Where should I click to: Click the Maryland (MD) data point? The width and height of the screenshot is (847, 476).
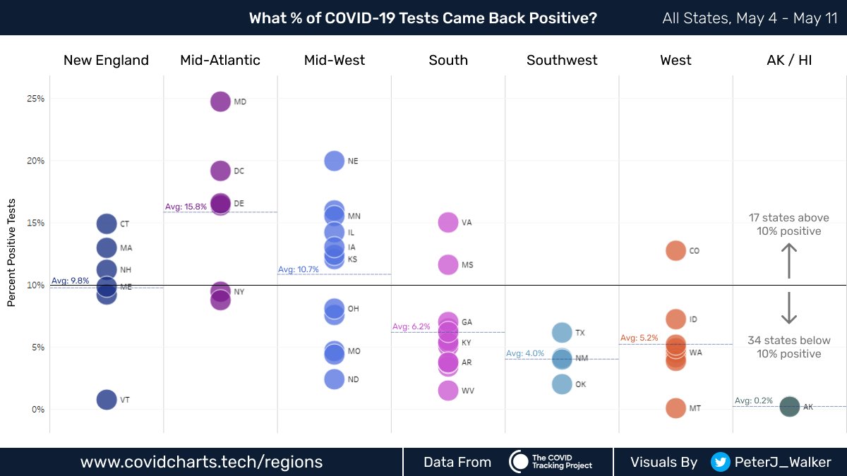[x=221, y=102]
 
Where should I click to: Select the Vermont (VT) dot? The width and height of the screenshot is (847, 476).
[x=107, y=400]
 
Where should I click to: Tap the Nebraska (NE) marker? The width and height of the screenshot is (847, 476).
[x=335, y=161]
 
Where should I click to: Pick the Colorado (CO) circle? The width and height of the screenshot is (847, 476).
[x=675, y=250]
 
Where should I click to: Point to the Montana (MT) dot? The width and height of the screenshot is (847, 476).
[x=675, y=408]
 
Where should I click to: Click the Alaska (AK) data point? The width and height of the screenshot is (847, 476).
[x=789, y=407]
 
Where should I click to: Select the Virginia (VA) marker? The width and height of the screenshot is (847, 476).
[x=448, y=222]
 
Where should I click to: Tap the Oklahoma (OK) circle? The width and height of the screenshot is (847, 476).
[x=562, y=384]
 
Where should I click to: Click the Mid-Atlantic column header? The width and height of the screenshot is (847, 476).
[x=220, y=61]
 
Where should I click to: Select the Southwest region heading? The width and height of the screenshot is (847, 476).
[x=562, y=61]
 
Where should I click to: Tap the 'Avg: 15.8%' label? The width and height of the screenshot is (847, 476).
[x=186, y=207]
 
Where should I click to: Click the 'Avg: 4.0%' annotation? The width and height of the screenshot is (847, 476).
[x=525, y=353]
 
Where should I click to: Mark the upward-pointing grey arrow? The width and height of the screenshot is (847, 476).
[x=789, y=260]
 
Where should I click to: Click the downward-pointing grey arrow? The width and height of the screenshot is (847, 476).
[x=789, y=308]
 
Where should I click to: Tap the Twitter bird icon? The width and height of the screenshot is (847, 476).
[x=720, y=462]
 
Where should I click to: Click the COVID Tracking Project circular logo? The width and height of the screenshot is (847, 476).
[x=519, y=462]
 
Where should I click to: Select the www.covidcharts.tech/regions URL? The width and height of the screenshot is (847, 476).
[x=201, y=462]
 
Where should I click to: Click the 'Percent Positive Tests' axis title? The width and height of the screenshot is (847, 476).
[x=12, y=262]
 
